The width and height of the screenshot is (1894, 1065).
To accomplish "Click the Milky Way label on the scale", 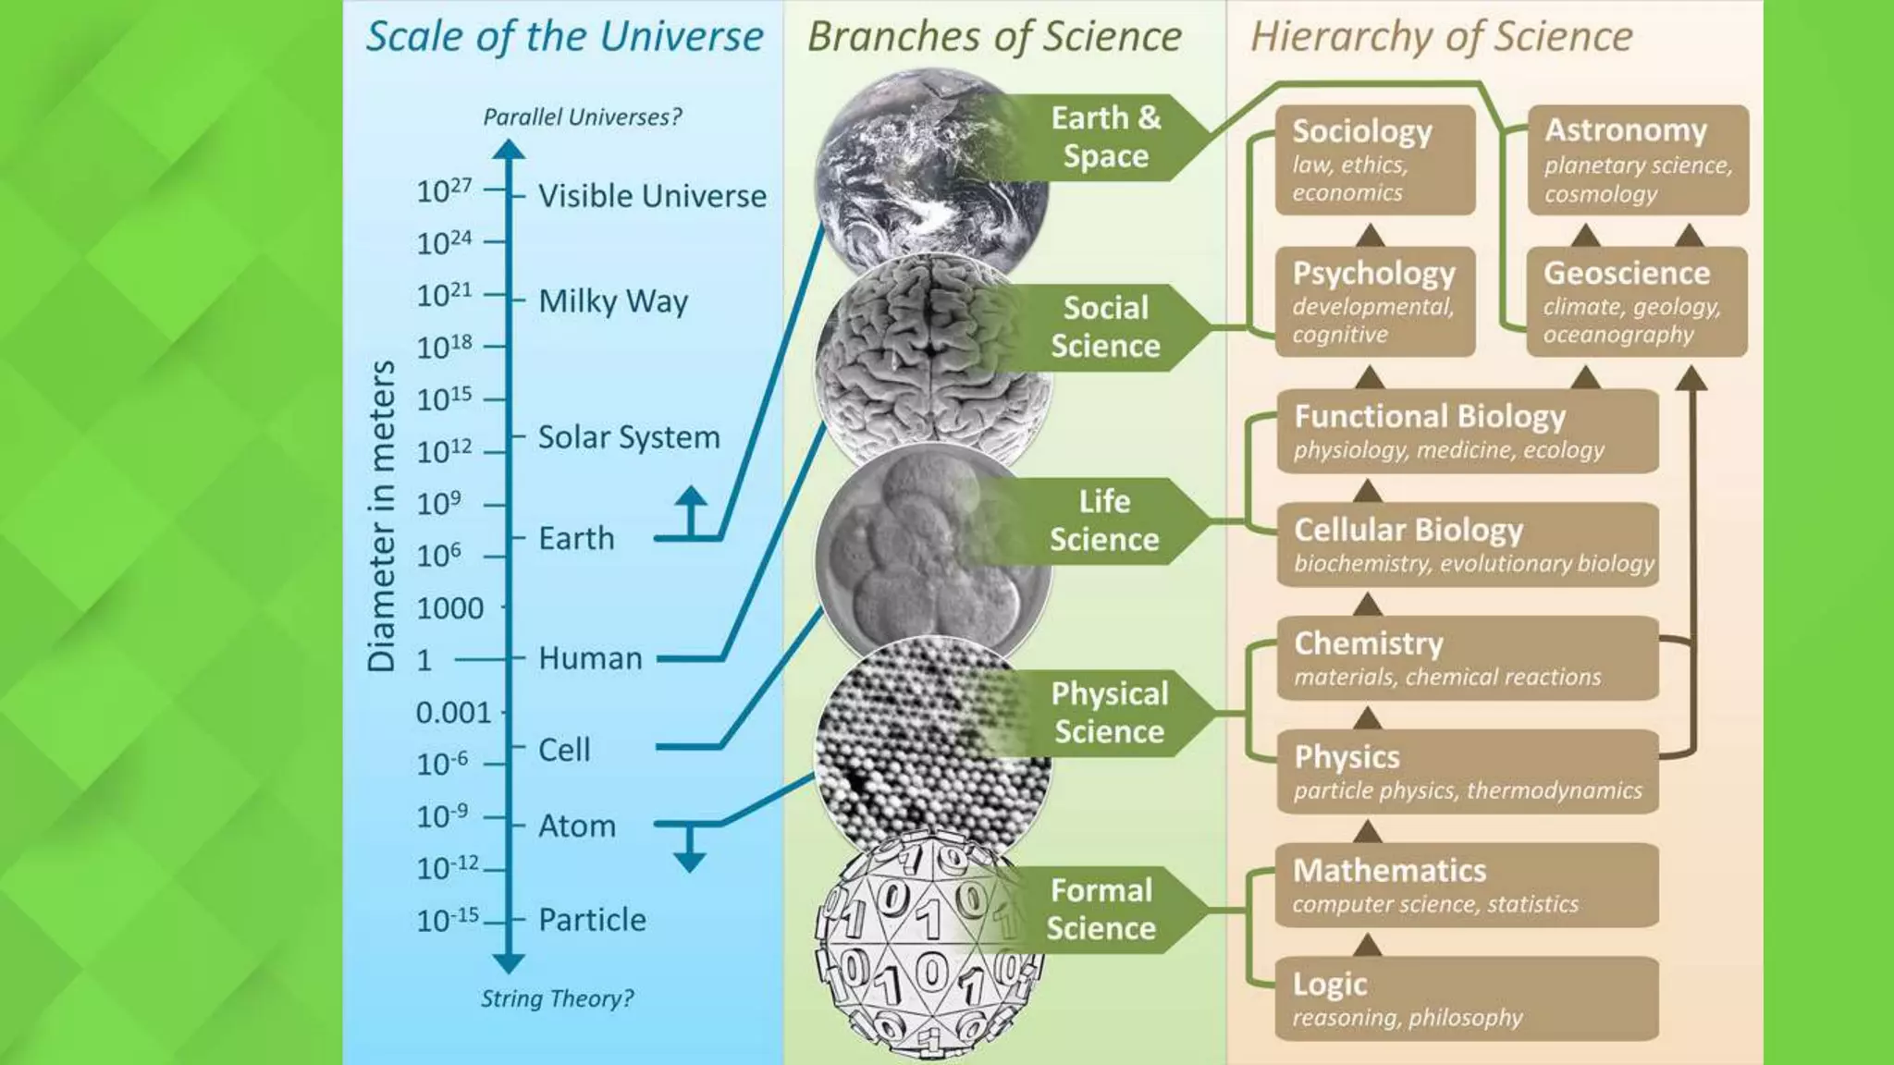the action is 613,301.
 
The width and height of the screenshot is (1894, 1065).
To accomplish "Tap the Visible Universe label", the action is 652,196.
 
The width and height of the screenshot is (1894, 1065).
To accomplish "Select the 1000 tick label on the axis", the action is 449,608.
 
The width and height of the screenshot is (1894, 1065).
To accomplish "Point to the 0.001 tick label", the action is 453,713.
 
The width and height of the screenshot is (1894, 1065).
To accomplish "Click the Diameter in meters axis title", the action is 382,516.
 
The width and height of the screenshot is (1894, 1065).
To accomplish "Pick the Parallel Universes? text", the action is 583,117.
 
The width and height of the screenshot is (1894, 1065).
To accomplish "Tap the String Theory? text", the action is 557,998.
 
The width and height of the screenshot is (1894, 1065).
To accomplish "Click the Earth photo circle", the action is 925,171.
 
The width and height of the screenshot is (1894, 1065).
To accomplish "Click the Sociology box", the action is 1374,160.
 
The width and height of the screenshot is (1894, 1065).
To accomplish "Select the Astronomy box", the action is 1637,160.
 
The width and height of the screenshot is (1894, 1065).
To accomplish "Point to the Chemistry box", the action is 1467,658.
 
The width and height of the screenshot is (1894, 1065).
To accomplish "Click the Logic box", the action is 1467,998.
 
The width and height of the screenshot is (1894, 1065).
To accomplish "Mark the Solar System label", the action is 629,437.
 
